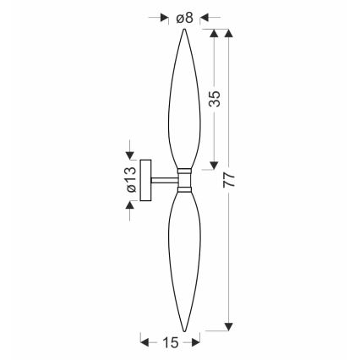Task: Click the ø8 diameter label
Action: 184,19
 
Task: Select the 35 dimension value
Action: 215,99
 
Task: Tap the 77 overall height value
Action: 229,180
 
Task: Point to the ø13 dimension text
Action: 131,179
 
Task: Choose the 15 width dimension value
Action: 171,342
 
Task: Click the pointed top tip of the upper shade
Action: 184,29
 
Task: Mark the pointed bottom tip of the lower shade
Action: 184,331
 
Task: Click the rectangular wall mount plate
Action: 145,180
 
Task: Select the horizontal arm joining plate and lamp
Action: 165,181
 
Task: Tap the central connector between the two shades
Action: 184,181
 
